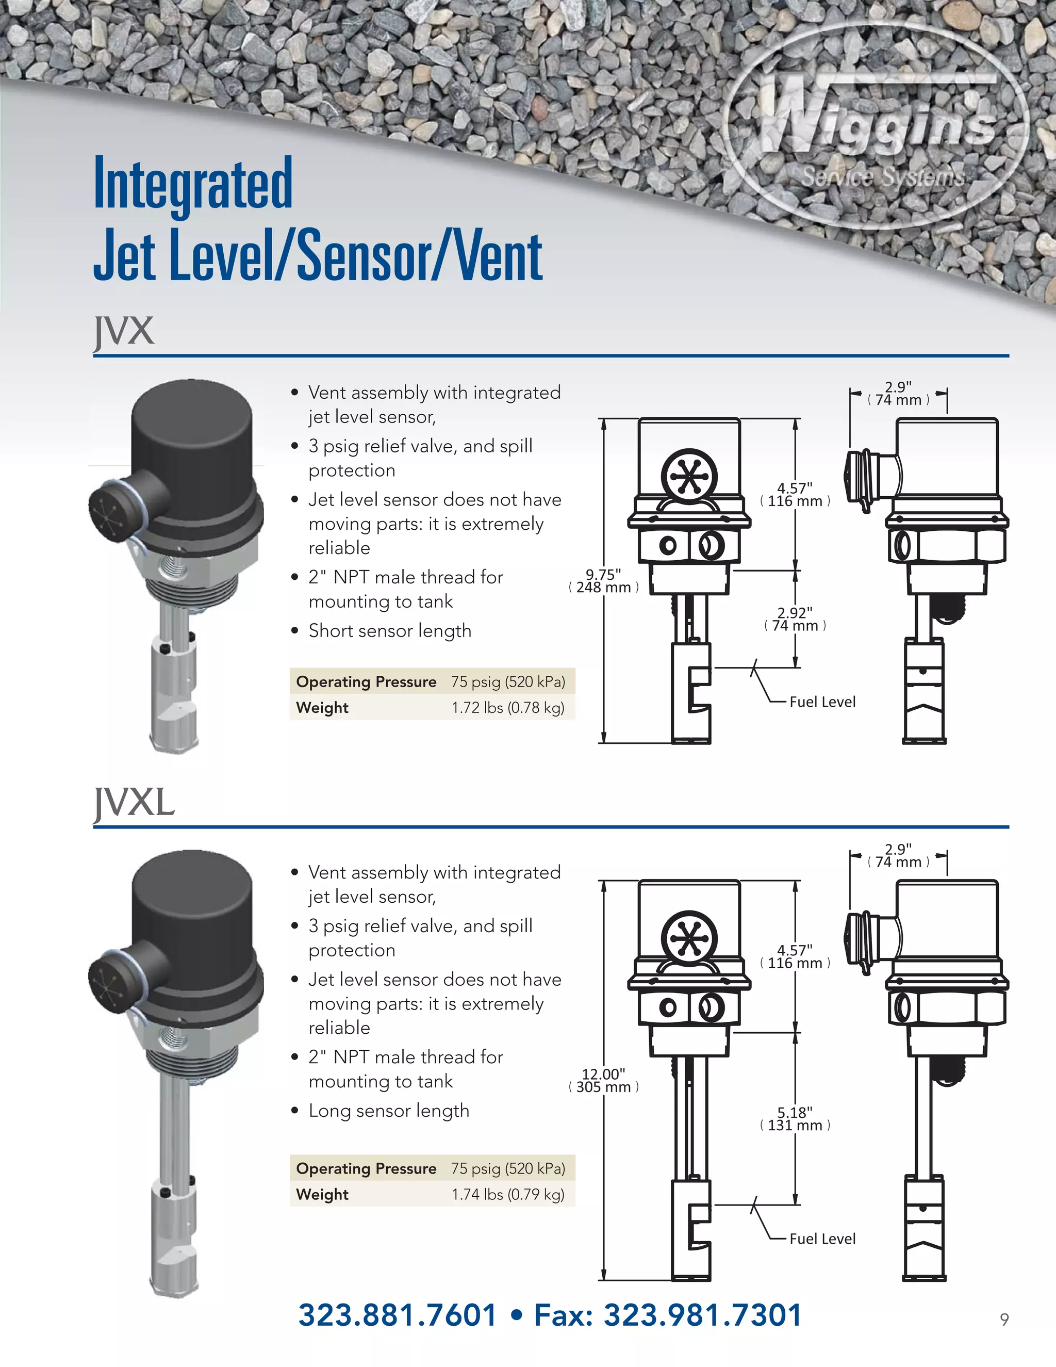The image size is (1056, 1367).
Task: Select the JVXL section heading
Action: pos(134,803)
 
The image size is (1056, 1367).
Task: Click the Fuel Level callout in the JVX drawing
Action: pos(822,702)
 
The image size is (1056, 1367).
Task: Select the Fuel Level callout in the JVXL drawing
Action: pos(822,1239)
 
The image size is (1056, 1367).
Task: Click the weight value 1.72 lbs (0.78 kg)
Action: pos(508,707)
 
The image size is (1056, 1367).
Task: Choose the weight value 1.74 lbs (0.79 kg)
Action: pos(508,1194)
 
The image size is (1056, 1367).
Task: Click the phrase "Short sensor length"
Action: pos(390,630)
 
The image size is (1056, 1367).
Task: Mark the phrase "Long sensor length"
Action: pos(388,1111)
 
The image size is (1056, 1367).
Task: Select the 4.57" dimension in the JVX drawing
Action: pos(795,495)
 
